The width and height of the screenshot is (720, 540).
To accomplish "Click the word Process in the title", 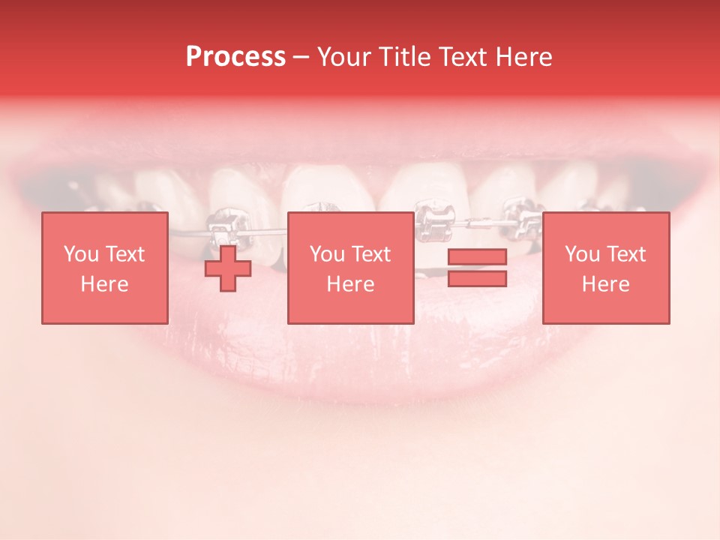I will tap(235, 57).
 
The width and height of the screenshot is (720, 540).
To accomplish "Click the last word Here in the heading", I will tap(523, 57).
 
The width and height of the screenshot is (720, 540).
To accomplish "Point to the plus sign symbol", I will tap(228, 268).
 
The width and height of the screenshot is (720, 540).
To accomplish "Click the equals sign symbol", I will tap(477, 268).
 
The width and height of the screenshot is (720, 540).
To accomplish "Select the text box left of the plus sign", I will tap(104, 268).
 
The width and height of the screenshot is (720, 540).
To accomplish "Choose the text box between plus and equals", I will tap(350, 268).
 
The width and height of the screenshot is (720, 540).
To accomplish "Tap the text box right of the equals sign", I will tap(606, 268).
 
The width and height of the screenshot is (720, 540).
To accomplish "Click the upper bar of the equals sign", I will tap(477, 257).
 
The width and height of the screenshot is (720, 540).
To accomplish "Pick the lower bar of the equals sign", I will tap(477, 278).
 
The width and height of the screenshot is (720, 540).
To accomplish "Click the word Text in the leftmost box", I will tap(125, 254).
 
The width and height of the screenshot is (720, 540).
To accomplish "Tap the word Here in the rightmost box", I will tap(606, 284).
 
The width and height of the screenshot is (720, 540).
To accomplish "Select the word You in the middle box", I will tap(327, 254).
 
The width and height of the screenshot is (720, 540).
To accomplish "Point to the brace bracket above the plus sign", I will tap(222, 224).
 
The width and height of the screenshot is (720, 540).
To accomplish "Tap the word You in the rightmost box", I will tap(582, 254).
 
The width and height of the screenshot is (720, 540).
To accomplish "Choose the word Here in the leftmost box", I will tap(104, 284).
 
